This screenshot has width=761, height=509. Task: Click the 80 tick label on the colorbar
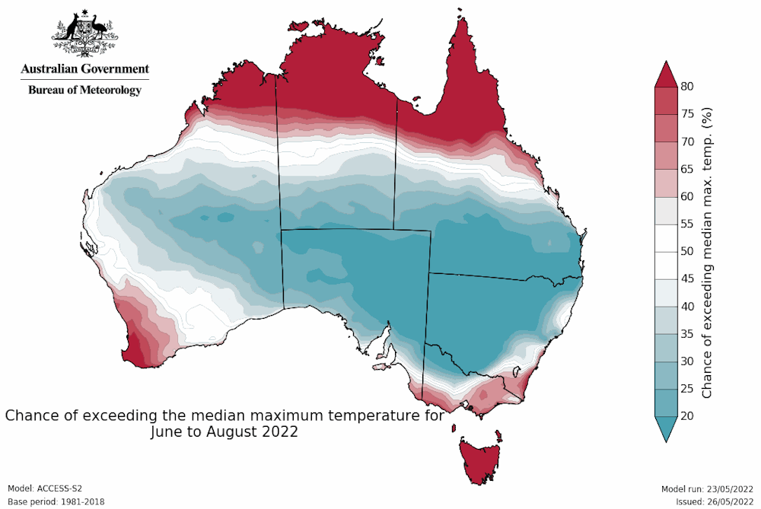687,87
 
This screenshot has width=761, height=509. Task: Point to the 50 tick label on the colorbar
687,251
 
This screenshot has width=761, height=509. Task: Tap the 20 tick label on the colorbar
687,415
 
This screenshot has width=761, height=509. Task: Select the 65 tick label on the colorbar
687,169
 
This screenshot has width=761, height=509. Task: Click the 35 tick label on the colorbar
687,333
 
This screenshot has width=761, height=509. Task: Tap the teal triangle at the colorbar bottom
667,428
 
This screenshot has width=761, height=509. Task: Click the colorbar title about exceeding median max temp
707,251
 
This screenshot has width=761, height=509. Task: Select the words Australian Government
85,69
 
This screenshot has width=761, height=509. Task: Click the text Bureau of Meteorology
85,90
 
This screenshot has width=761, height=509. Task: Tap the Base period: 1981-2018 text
56,501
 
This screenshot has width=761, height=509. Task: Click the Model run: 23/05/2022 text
708,488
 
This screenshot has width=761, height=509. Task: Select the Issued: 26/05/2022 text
715,501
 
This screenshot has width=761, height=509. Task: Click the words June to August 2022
224,432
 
